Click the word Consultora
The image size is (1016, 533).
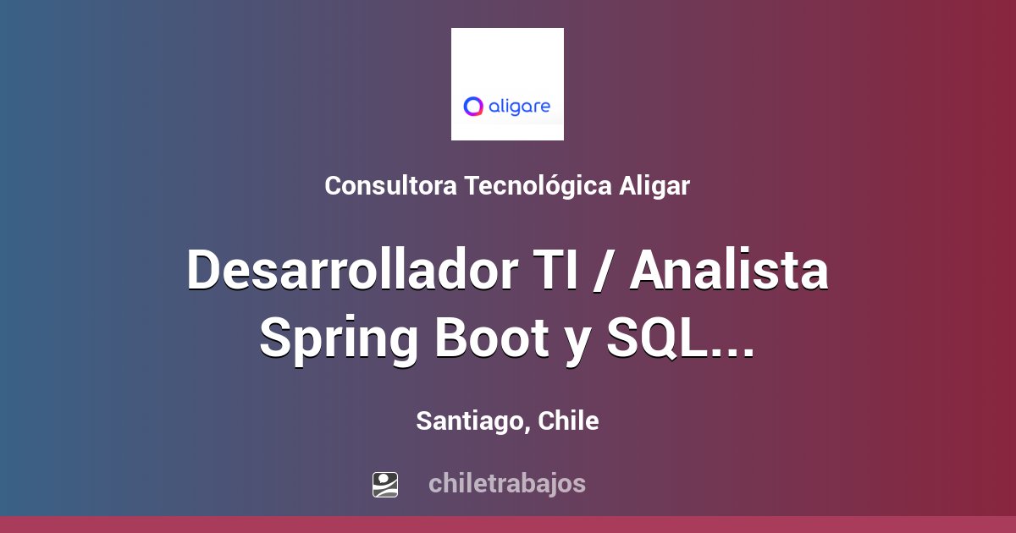click(x=390, y=186)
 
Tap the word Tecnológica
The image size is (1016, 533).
click(x=538, y=187)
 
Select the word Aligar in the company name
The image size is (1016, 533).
click(x=654, y=187)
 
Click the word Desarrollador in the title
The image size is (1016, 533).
click(x=352, y=270)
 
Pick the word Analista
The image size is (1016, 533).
click(x=729, y=270)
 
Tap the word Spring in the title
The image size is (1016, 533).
click(x=339, y=340)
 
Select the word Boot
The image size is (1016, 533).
click(x=492, y=338)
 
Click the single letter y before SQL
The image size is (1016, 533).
click(x=577, y=345)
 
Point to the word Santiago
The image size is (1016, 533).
click(x=469, y=421)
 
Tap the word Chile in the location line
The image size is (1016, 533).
click(x=568, y=420)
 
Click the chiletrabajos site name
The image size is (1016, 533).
click(x=507, y=483)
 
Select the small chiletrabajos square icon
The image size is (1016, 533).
click(x=385, y=485)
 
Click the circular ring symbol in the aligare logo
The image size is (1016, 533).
click(x=473, y=106)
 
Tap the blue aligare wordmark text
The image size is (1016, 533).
click(x=519, y=107)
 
